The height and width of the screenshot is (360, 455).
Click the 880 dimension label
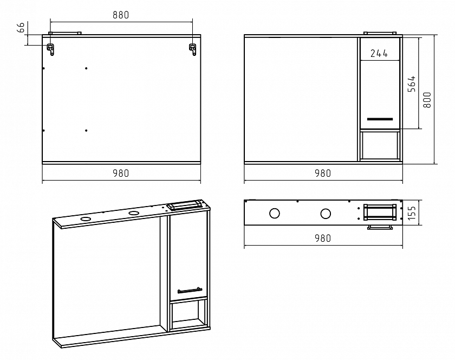click(x=121, y=15)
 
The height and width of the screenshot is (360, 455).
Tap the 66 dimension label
click(x=22, y=28)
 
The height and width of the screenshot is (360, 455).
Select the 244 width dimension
click(x=379, y=54)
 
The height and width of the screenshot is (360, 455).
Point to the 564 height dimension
click(x=412, y=84)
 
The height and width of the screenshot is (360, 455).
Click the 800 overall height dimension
click(x=427, y=100)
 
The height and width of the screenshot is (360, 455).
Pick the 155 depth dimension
click(x=412, y=213)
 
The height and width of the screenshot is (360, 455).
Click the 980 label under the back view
click(x=121, y=173)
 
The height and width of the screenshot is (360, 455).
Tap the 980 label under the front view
click(x=323, y=173)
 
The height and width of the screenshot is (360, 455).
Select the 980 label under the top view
click(x=323, y=238)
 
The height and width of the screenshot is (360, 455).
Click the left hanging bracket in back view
click(x=51, y=49)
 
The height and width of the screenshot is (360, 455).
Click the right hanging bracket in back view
click(x=193, y=49)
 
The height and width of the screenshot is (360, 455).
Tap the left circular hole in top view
click(x=275, y=214)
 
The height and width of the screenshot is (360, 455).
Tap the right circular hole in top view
click(x=326, y=214)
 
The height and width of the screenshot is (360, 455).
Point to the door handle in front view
click(x=380, y=119)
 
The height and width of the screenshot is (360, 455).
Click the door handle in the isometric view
click(x=190, y=291)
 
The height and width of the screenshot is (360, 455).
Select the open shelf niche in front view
click(x=380, y=145)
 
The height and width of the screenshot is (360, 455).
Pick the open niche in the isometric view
click(x=188, y=314)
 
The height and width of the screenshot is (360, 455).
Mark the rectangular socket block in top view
click(x=380, y=212)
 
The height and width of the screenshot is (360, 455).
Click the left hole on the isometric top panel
click(x=86, y=219)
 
